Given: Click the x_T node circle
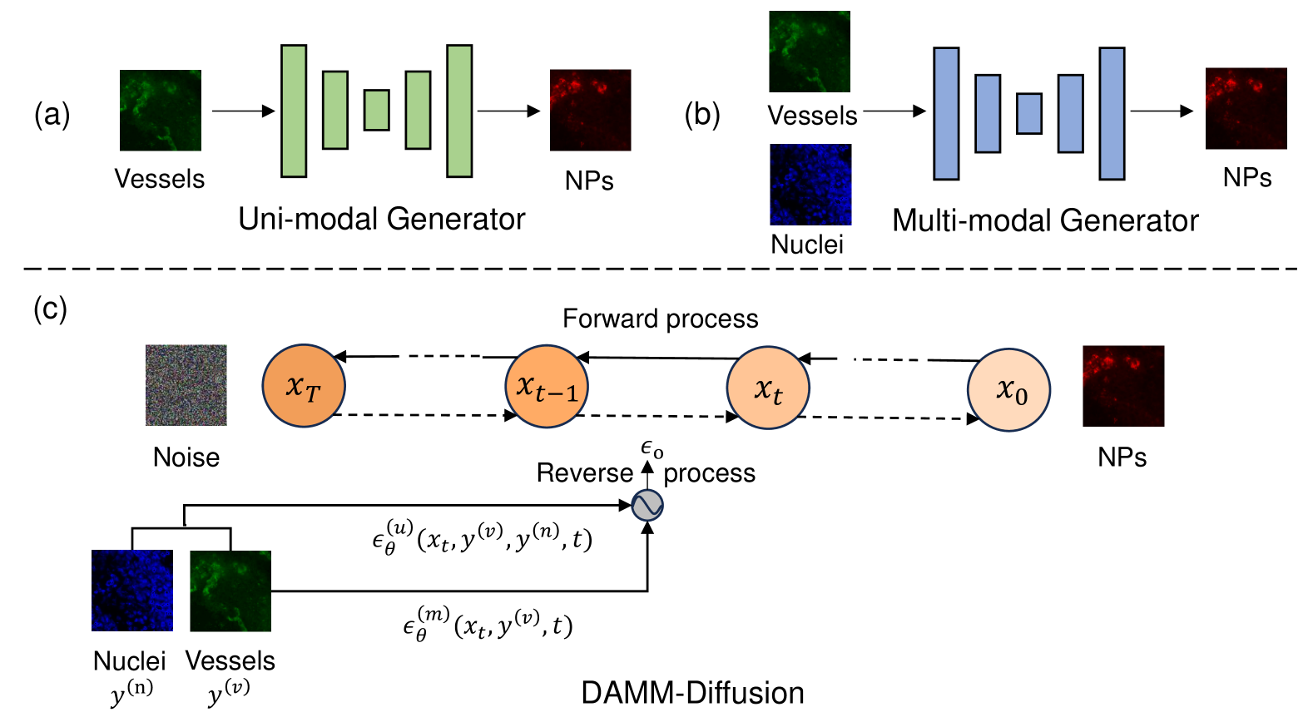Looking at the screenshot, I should [x=304, y=385].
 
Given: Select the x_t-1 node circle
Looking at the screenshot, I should [x=547, y=386].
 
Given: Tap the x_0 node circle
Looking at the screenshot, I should [x=1008, y=389].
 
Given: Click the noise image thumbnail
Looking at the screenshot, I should [x=186, y=385].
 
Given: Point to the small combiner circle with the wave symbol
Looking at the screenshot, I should [x=647, y=504].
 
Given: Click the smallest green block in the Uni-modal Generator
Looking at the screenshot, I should [x=377, y=110].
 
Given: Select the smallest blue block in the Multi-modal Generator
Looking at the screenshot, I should [x=1029, y=113].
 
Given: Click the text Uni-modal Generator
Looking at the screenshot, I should [x=381, y=219].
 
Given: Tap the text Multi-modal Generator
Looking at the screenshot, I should [x=1045, y=220].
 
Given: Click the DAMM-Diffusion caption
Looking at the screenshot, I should [x=692, y=692].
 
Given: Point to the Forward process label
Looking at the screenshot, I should [x=660, y=319].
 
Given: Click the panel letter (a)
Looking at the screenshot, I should [x=52, y=113].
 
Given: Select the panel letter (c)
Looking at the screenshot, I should [x=50, y=309].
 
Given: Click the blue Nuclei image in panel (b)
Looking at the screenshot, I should [x=810, y=185].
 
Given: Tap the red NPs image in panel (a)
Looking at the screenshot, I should [x=590, y=110].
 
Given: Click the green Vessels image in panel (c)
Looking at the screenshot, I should [x=230, y=591].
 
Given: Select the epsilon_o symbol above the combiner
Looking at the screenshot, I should [x=652, y=450].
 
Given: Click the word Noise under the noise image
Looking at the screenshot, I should [x=186, y=457].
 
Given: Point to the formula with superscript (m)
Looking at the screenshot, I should [x=488, y=624].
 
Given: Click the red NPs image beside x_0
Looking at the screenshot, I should [x=1122, y=386].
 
